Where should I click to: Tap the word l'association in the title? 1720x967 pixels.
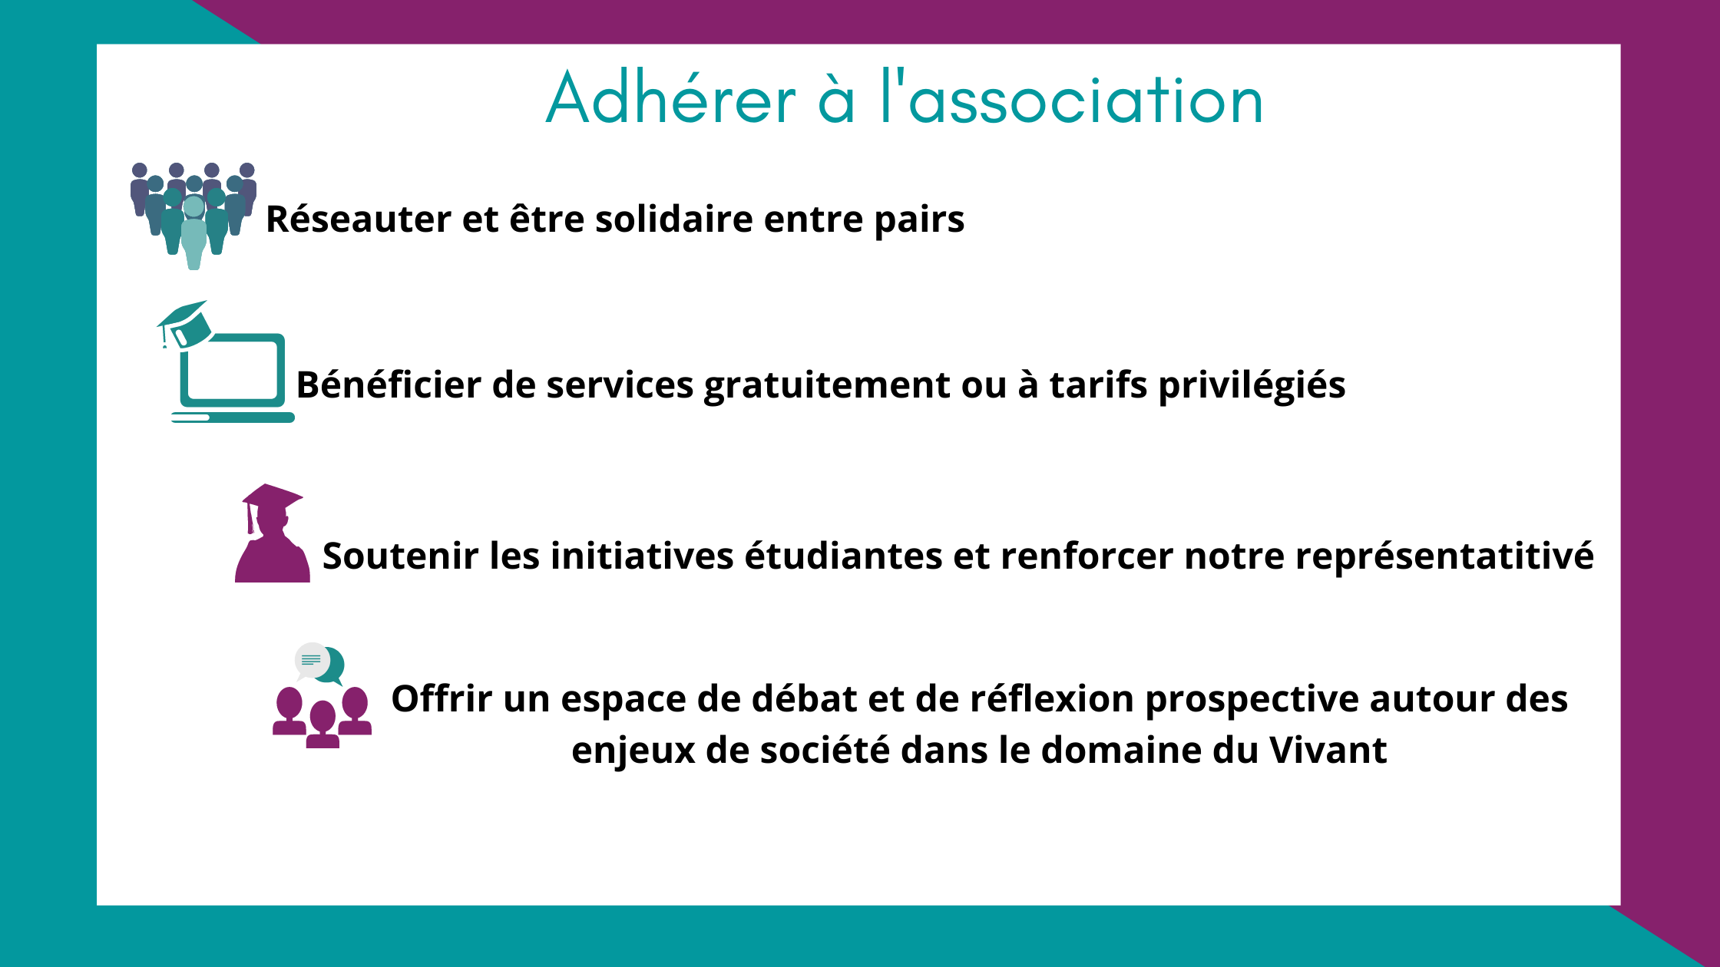pyautogui.click(x=1072, y=97)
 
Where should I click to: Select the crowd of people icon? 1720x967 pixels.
pyautogui.click(x=193, y=216)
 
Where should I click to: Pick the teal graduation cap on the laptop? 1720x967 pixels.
pyautogui.click(x=184, y=325)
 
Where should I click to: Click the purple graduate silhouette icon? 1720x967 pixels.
pyautogui.click(x=273, y=533)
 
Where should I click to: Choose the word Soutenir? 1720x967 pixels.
pyautogui.click(x=401, y=556)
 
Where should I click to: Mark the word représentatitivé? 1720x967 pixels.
pyautogui.click(x=1444, y=556)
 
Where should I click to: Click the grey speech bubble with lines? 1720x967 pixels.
pyautogui.click(x=312, y=661)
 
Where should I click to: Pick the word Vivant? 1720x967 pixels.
pyautogui.click(x=1328, y=751)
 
